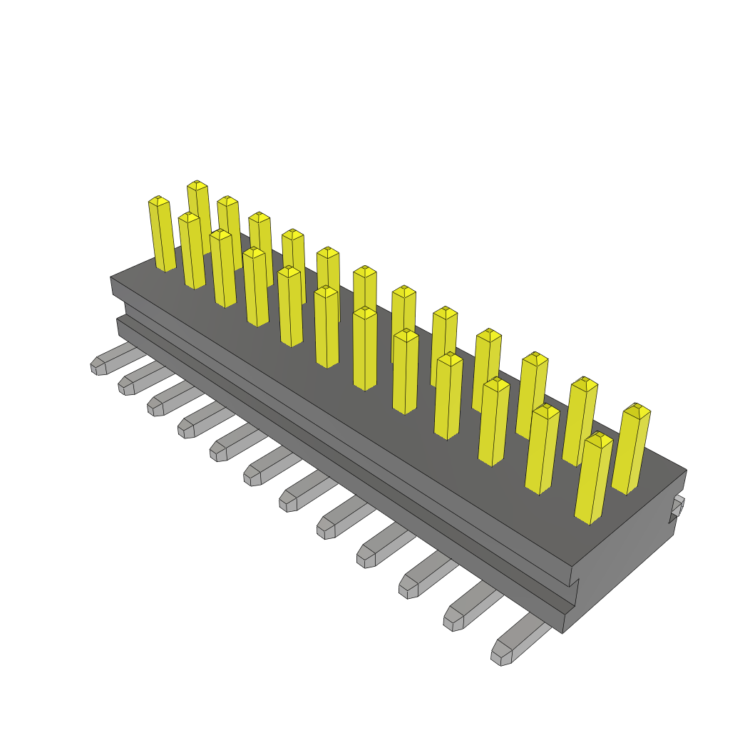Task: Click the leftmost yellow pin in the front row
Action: pyautogui.click(x=162, y=235)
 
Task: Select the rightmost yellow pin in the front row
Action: pyautogui.click(x=593, y=478)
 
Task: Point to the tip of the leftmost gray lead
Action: pyautogui.click(x=97, y=366)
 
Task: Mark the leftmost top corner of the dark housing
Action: pyautogui.click(x=111, y=278)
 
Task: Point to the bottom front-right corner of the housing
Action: pyautogui.click(x=563, y=632)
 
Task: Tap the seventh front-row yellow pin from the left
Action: pyautogui.click(x=364, y=349)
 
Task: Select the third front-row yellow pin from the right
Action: pyautogui.click(x=493, y=421)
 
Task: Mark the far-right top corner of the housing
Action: pyautogui.click(x=686, y=470)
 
